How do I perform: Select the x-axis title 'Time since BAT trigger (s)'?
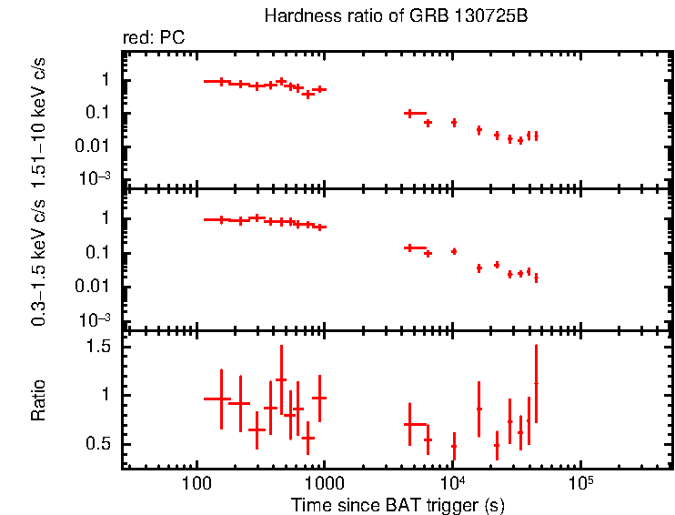[398, 505]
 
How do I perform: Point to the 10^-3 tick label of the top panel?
[95, 178]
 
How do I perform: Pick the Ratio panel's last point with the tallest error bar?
[536, 384]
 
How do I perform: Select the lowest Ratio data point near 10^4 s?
[453, 446]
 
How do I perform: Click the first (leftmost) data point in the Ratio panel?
[220, 399]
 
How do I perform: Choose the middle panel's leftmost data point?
[220, 219]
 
